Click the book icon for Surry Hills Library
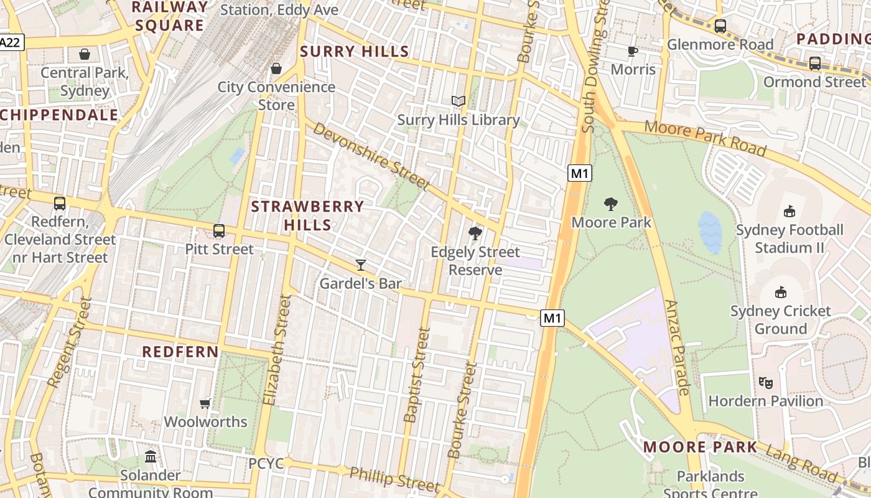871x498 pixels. pos(458,101)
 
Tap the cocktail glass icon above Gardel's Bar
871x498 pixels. pos(360,265)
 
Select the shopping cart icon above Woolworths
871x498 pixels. pos(205,403)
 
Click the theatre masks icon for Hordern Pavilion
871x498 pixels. pos(765,382)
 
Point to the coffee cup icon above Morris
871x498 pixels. pos(633,51)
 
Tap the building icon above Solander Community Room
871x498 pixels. pos(151,457)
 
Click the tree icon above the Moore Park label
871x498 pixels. pos(611,204)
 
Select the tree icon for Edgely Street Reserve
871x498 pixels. pos(475,234)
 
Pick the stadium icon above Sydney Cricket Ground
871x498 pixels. pos(780,292)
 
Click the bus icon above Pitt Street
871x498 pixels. pos(219,231)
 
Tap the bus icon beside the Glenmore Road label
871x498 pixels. pos(720,26)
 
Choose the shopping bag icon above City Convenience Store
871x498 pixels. pos(276,68)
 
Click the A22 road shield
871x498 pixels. pos(11,42)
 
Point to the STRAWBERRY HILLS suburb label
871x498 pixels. pos(307,215)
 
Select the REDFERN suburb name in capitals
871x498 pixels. pos(180,352)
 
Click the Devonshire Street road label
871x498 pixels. pos(371,156)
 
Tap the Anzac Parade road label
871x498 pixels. pos(678,347)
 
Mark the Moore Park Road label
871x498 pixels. pos(705,138)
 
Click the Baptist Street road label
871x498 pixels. pos(417,375)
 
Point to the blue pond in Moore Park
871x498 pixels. pos(710,233)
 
